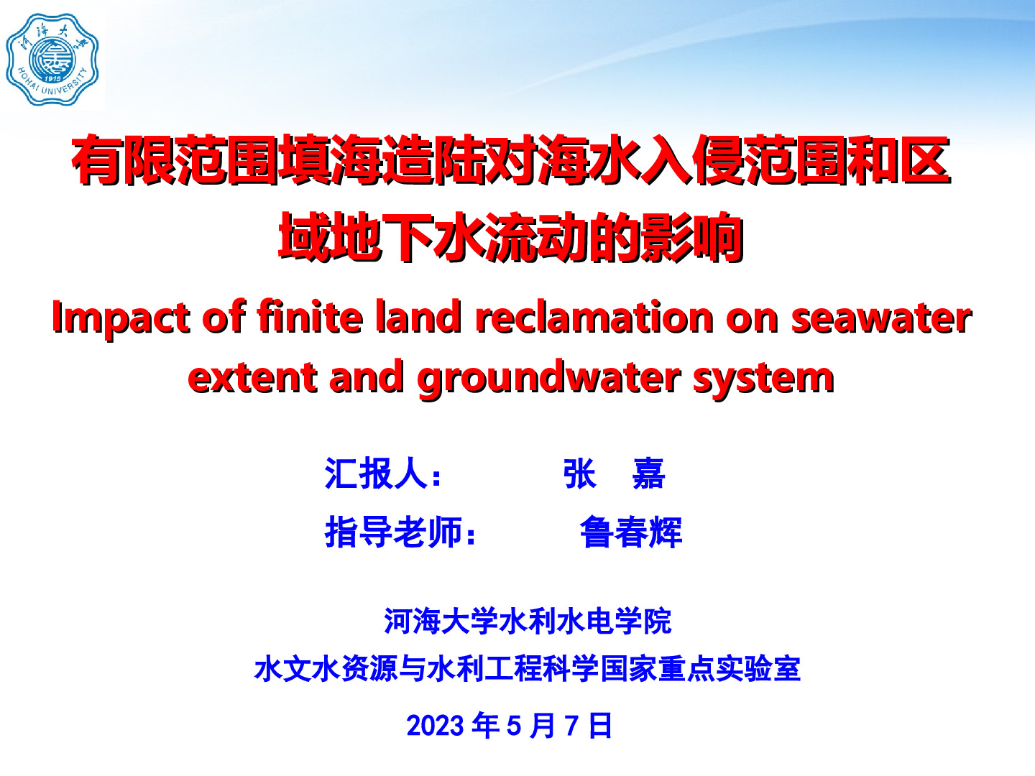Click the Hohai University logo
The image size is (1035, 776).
pyautogui.click(x=52, y=60)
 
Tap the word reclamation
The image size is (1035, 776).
pyautogui.click(x=594, y=317)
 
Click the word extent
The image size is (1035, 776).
pyautogui.click(x=253, y=378)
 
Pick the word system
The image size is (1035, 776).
pyautogui.click(x=763, y=380)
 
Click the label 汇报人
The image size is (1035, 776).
pyautogui.click(x=376, y=473)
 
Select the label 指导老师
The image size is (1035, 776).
pyautogui.click(x=393, y=532)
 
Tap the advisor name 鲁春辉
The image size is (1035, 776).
pyautogui.click(x=630, y=532)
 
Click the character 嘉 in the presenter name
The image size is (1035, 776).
pyautogui.click(x=648, y=473)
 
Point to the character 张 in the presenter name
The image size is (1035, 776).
pyautogui.click(x=580, y=473)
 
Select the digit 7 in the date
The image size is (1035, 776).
pyautogui.click(x=571, y=725)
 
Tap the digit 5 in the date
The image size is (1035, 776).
pyautogui.click(x=514, y=725)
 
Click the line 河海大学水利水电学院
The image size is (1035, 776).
pyautogui.click(x=528, y=621)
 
